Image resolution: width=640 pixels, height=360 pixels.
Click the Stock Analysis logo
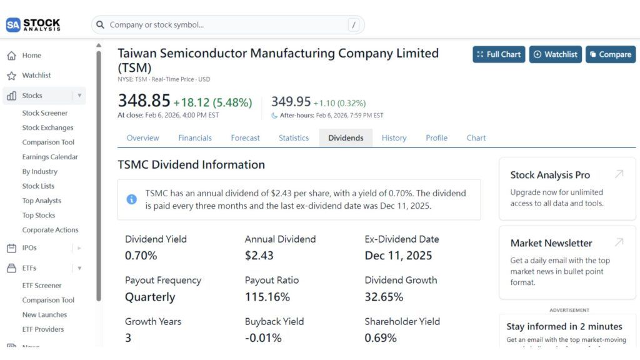click(34, 25)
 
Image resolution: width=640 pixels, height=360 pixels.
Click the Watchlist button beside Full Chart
click(555, 54)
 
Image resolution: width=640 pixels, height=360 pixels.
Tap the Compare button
click(610, 54)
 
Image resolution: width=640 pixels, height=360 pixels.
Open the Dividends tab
click(346, 138)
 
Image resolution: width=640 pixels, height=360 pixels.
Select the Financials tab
click(194, 138)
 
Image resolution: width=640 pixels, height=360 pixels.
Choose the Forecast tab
click(245, 138)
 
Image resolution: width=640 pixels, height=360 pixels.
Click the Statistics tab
click(294, 138)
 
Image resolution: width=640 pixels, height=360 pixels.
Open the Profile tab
click(436, 138)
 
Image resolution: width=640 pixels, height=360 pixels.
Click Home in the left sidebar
click(31, 56)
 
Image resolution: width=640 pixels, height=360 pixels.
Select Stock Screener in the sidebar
click(45, 113)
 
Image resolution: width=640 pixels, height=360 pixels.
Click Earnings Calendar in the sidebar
click(50, 157)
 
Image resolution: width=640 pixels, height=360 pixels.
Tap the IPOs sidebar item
click(29, 248)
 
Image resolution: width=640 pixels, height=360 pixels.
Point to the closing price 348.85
click(144, 101)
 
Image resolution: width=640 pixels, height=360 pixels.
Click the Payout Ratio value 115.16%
click(267, 297)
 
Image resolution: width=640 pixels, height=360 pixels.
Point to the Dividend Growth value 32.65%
click(386, 297)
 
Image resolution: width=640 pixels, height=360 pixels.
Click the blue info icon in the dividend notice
click(131, 199)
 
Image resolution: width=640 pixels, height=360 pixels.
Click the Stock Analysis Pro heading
click(550, 175)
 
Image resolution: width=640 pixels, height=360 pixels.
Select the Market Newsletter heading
click(551, 243)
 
